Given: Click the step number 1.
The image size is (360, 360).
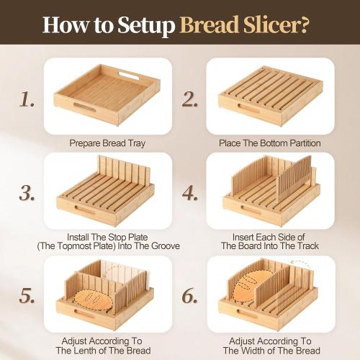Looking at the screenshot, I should pos(27,99).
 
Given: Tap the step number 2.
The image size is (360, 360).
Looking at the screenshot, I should pos(190,99).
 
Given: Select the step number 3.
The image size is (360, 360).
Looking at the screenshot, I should pos(27,193).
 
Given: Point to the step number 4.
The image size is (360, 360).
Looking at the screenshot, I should pos(190,193).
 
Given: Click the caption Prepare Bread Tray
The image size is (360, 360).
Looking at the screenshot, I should pos(107,143).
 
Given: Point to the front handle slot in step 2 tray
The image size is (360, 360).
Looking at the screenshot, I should pos(251,108).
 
